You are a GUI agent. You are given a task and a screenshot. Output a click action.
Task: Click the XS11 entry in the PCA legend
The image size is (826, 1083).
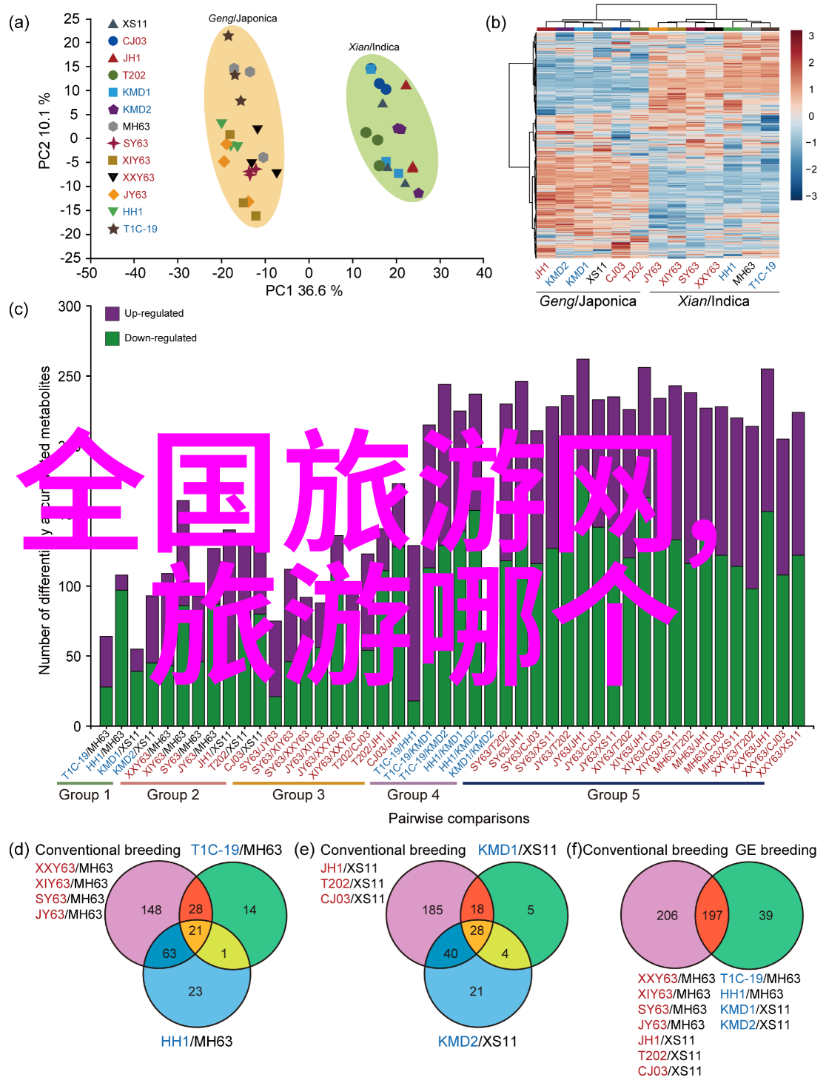pyautogui.click(x=134, y=24)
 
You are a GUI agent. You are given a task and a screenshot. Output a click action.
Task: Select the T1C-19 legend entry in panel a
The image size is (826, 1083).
pyautogui.click(x=140, y=229)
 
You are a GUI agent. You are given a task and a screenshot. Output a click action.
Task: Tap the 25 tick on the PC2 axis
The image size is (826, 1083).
pyautogui.click(x=72, y=19)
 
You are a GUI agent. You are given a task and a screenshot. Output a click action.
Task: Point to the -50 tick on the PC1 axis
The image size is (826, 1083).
pyautogui.click(x=87, y=273)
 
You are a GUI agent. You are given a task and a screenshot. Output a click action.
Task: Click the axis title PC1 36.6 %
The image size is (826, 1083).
pyautogui.click(x=303, y=291)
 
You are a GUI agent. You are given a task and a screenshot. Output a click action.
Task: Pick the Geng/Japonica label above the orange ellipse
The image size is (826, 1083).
pyautogui.click(x=242, y=18)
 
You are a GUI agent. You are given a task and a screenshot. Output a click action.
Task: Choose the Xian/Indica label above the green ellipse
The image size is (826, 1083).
pyautogui.click(x=374, y=47)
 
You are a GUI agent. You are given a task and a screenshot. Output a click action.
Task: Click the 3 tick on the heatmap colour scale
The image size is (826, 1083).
pyautogui.click(x=811, y=36)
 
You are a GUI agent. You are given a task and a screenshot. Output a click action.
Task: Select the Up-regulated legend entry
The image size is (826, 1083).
pyautogui.click(x=153, y=313)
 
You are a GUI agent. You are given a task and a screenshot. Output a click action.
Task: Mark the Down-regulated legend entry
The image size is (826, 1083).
pyautogui.click(x=160, y=338)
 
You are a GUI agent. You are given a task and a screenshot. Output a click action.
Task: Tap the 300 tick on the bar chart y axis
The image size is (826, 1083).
pyautogui.click(x=70, y=306)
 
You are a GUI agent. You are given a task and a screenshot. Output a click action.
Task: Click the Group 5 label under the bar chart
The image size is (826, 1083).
pyautogui.click(x=613, y=794)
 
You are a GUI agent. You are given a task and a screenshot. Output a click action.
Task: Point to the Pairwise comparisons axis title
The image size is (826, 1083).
pyautogui.click(x=459, y=818)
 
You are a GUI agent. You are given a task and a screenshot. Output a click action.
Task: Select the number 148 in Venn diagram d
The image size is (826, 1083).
pyautogui.click(x=151, y=910)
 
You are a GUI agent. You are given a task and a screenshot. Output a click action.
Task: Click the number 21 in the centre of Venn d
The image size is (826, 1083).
pyautogui.click(x=195, y=931)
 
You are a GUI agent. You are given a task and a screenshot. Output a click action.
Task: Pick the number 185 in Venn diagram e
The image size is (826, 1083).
pyautogui.click(x=432, y=910)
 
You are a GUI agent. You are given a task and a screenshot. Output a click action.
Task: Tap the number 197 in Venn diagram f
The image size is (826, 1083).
pyautogui.click(x=712, y=916)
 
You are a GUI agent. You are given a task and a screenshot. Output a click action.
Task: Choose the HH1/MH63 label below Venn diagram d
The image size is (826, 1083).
pyautogui.click(x=196, y=1042)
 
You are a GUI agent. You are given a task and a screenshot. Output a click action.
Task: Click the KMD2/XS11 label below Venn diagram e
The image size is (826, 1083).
pyautogui.click(x=477, y=1042)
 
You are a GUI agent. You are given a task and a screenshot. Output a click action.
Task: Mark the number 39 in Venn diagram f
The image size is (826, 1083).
pyautogui.click(x=765, y=916)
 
